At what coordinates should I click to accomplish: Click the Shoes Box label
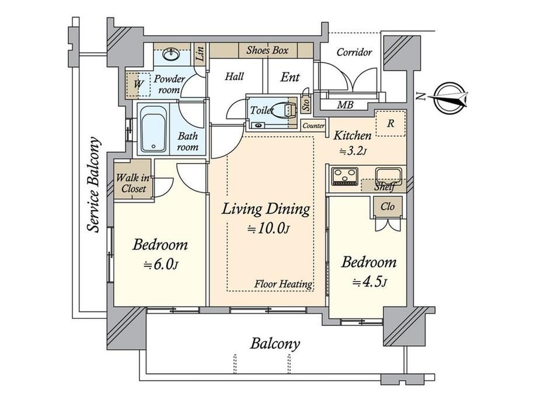pos(267,50)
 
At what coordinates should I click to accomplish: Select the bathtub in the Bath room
pos(154,129)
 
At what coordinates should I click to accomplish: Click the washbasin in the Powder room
pos(170,54)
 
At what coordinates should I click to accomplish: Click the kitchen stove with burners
pos(344,176)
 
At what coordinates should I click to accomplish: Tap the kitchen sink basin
pos(388,175)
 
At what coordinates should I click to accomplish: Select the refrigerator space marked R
pos(390,123)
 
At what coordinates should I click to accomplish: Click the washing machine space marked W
pos(138,84)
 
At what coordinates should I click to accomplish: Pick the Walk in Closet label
pos(133,183)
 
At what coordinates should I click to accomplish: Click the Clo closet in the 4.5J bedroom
pos(388,207)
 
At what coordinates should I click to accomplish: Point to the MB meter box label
pos(345,105)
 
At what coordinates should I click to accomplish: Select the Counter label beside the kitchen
pos(313,126)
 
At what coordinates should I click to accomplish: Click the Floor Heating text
pos(283,284)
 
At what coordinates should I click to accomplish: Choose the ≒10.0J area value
pos(269,228)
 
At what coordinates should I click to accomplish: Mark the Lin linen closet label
pos(200,53)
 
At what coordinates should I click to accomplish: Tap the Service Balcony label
pos(93,185)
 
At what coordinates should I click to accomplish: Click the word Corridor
pos(354,52)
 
